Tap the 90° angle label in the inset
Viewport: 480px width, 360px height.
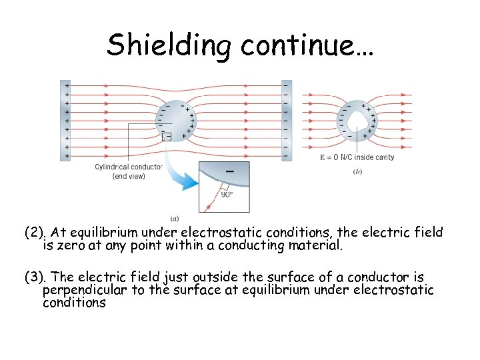(x=227, y=195)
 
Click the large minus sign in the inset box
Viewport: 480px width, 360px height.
(x=230, y=171)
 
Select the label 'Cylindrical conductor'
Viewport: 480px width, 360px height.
(x=129, y=167)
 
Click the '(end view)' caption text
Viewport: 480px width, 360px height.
(x=129, y=176)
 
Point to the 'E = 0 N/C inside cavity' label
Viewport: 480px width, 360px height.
(x=357, y=157)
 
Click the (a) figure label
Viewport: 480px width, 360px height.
(x=175, y=219)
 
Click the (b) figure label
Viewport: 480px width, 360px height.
(x=358, y=172)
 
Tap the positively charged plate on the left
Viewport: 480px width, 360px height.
(x=65, y=120)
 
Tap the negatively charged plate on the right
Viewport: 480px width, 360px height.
(x=287, y=120)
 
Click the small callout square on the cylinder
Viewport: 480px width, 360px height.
(x=167, y=137)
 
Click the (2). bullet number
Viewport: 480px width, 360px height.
(x=35, y=233)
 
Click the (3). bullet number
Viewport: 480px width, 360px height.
(x=35, y=277)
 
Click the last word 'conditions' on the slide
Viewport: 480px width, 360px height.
(x=74, y=302)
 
